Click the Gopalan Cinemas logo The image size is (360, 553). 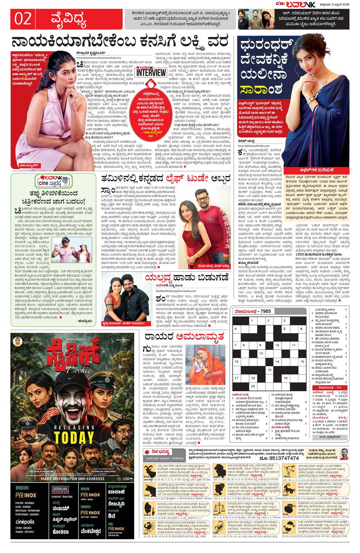[x=60, y=489]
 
